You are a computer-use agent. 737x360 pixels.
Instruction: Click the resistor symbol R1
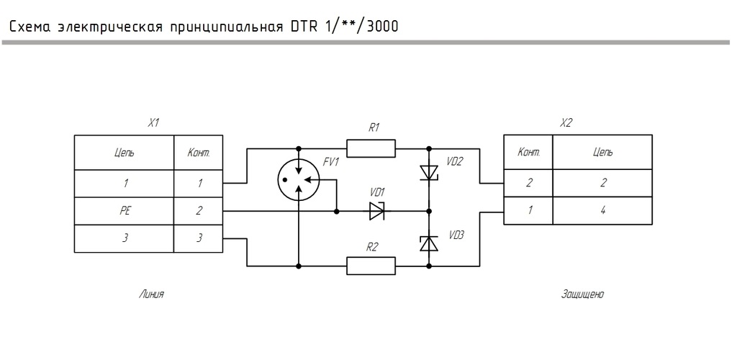pos(371,148)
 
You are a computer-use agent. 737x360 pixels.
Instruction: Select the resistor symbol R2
pos(371,266)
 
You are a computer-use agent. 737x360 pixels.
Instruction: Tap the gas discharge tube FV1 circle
pos(299,179)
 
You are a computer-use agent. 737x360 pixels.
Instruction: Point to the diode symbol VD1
pos(377,211)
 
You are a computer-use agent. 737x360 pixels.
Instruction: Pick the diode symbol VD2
pos(429,172)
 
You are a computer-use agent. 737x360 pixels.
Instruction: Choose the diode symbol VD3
pos(429,243)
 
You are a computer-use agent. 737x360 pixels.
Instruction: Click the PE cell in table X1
pos(125,211)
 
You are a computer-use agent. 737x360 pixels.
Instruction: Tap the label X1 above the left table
pos(154,124)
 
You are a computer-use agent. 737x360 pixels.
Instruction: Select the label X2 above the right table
pos(566,123)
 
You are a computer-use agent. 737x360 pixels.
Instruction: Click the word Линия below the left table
pos(151,294)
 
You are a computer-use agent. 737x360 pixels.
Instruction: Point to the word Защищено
pos(582,294)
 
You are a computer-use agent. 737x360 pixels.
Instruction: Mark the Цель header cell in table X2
pos(602,152)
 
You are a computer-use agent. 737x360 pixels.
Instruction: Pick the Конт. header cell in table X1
pos(199,153)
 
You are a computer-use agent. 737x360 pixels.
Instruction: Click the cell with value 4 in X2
pos(602,210)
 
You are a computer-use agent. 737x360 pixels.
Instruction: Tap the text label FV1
pos(331,162)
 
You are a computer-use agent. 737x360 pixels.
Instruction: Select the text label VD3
pos(456,235)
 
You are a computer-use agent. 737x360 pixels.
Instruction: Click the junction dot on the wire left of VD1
pos(337,212)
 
